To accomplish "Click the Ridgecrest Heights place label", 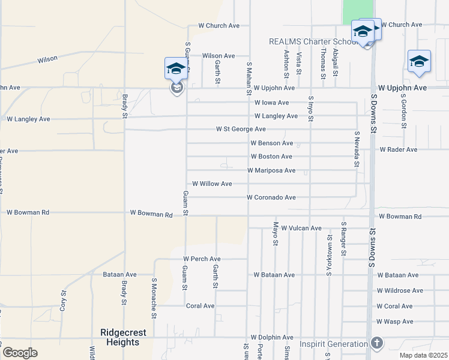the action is click(x=120, y=338).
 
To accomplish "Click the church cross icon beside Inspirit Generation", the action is click(x=376, y=344).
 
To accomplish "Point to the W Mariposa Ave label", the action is click(x=271, y=170).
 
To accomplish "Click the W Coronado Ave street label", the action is click(x=271, y=197).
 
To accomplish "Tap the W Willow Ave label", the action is click(x=211, y=184).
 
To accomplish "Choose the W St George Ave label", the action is click(x=241, y=130).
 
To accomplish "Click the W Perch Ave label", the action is click(x=202, y=259).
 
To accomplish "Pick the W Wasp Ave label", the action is click(x=395, y=322).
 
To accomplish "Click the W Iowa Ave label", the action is click(x=271, y=103).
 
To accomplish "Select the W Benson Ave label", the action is click(x=271, y=143).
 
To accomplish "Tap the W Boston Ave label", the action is click(x=271, y=157).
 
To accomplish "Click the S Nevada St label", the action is click(x=357, y=149).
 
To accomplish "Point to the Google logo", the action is click(x=20, y=353).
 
